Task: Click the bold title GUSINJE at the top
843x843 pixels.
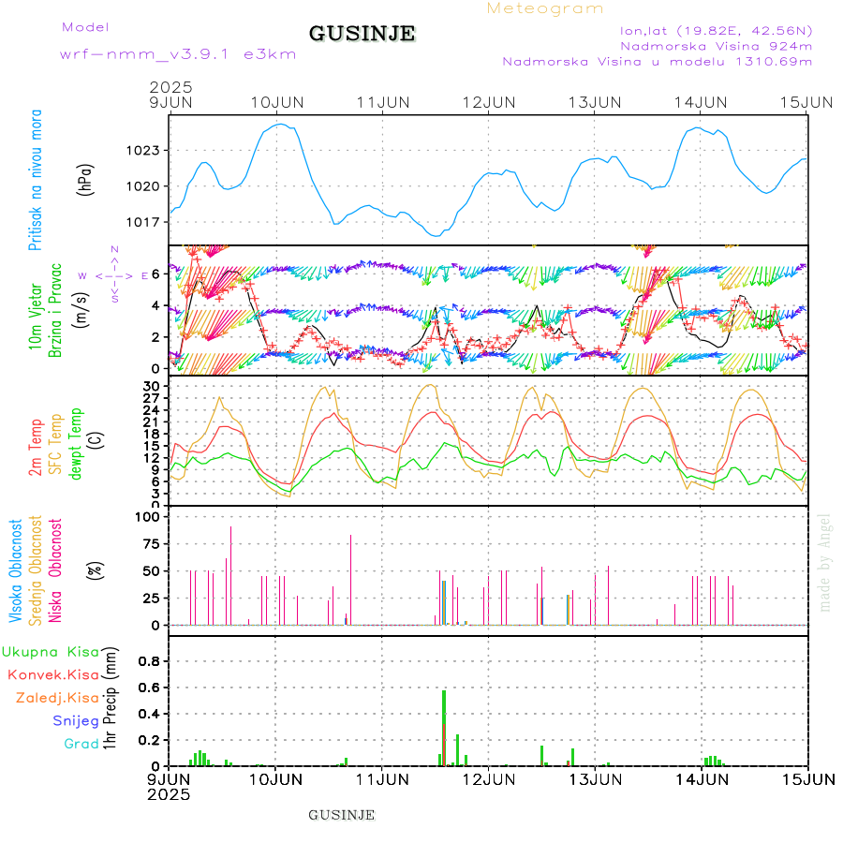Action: coord(362,35)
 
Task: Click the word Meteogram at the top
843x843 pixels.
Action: coord(545,8)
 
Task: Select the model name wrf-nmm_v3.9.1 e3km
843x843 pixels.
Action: coord(178,54)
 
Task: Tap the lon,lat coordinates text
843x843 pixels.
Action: coord(709,29)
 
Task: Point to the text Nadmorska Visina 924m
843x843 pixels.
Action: coord(716,45)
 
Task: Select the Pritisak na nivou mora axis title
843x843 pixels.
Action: coord(35,183)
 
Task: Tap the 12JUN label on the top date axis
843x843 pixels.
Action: coord(489,101)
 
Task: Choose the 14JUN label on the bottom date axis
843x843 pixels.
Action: coord(702,778)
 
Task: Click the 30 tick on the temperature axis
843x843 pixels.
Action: coord(152,385)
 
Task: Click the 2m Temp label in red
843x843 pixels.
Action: coord(36,448)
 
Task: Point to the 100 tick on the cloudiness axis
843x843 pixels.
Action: coord(150,516)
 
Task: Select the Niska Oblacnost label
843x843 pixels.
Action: coord(55,569)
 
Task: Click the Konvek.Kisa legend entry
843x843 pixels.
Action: coord(52,674)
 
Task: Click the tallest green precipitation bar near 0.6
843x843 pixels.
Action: coord(444,727)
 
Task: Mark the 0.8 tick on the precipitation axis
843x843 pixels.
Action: coord(149,660)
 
